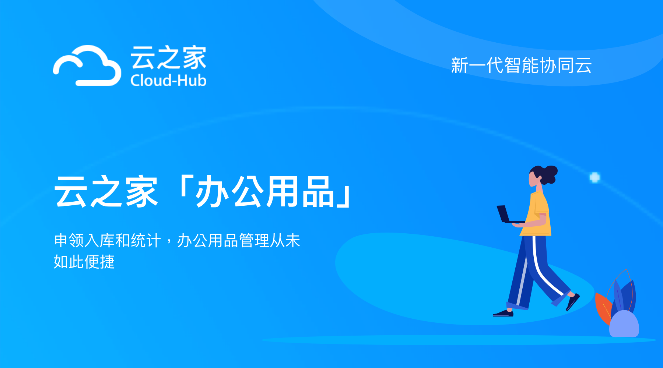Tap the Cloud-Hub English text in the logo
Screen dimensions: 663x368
click(168, 81)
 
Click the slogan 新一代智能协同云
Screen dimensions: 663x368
click(521, 66)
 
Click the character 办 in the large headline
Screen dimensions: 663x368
click(211, 191)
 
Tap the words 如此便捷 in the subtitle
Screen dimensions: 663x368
click(84, 262)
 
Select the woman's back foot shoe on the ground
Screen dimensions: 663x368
click(503, 314)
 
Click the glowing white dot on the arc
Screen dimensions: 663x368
click(595, 177)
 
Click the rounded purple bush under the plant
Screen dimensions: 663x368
click(624, 324)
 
